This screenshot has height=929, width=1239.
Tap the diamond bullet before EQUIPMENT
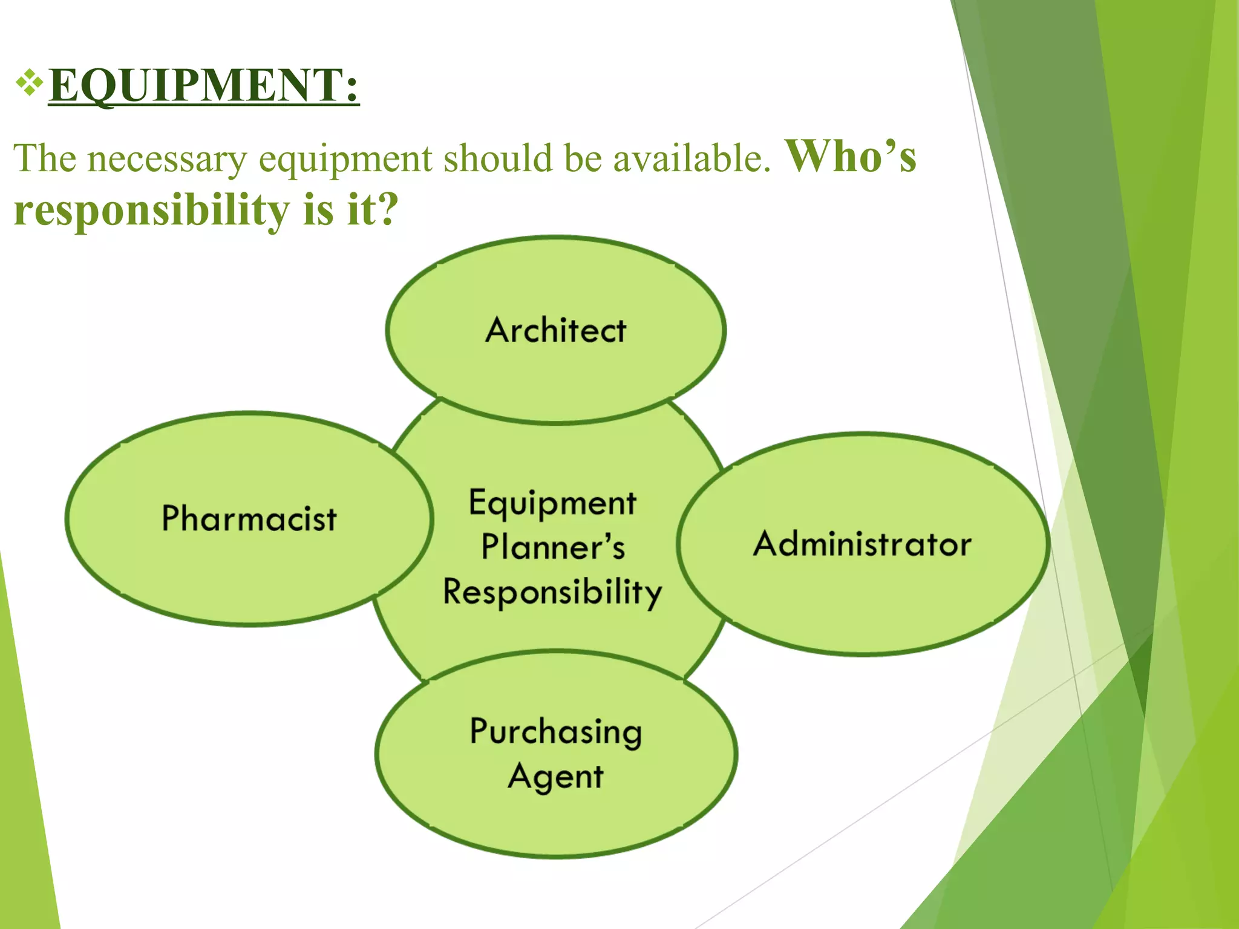(29, 84)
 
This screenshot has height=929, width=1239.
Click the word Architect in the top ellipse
(555, 330)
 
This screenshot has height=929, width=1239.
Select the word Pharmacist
(249, 519)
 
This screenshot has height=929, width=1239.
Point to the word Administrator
(862, 543)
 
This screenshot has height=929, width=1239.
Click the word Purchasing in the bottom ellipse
(555, 732)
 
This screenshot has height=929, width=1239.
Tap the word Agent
(555, 777)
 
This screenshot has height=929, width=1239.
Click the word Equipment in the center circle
(552, 503)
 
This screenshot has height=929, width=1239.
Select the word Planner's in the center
(552, 547)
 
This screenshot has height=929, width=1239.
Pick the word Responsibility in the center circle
(552, 592)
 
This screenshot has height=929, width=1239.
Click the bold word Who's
(850, 157)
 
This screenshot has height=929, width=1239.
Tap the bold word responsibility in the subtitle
(151, 210)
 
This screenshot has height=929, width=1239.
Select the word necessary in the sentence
(167, 159)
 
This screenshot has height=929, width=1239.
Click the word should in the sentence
(498, 159)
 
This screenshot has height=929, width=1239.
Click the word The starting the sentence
(45, 159)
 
